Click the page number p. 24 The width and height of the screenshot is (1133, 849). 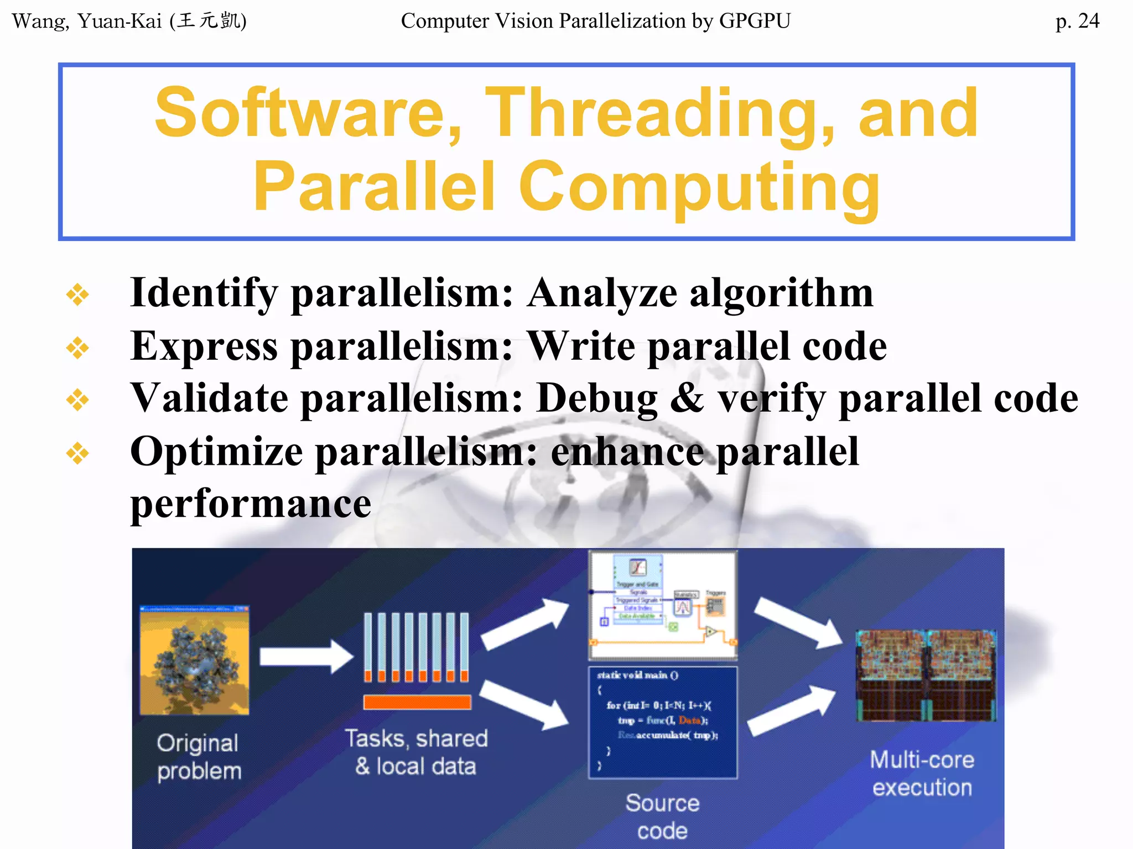(1077, 21)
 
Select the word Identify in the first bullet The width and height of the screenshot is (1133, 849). (203, 293)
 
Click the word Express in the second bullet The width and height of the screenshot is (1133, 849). (204, 347)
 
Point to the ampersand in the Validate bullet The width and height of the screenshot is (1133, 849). (687, 398)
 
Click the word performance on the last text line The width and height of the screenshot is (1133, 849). (250, 504)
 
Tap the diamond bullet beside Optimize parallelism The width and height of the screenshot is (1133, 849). (77, 453)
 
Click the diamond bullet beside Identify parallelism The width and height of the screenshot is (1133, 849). (77, 294)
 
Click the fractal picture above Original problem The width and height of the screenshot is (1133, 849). (194, 660)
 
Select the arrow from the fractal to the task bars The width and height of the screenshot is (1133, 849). (306, 656)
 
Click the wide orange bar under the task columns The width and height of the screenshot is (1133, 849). (417, 702)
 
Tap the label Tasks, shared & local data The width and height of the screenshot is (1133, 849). (416, 752)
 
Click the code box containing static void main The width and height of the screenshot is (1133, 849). (663, 721)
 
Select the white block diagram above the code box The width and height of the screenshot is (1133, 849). (663, 605)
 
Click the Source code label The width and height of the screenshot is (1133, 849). (662, 816)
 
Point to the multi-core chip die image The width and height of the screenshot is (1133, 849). (926, 675)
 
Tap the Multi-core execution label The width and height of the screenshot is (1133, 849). (922, 773)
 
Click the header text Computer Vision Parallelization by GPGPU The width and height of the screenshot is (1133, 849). (595, 21)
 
